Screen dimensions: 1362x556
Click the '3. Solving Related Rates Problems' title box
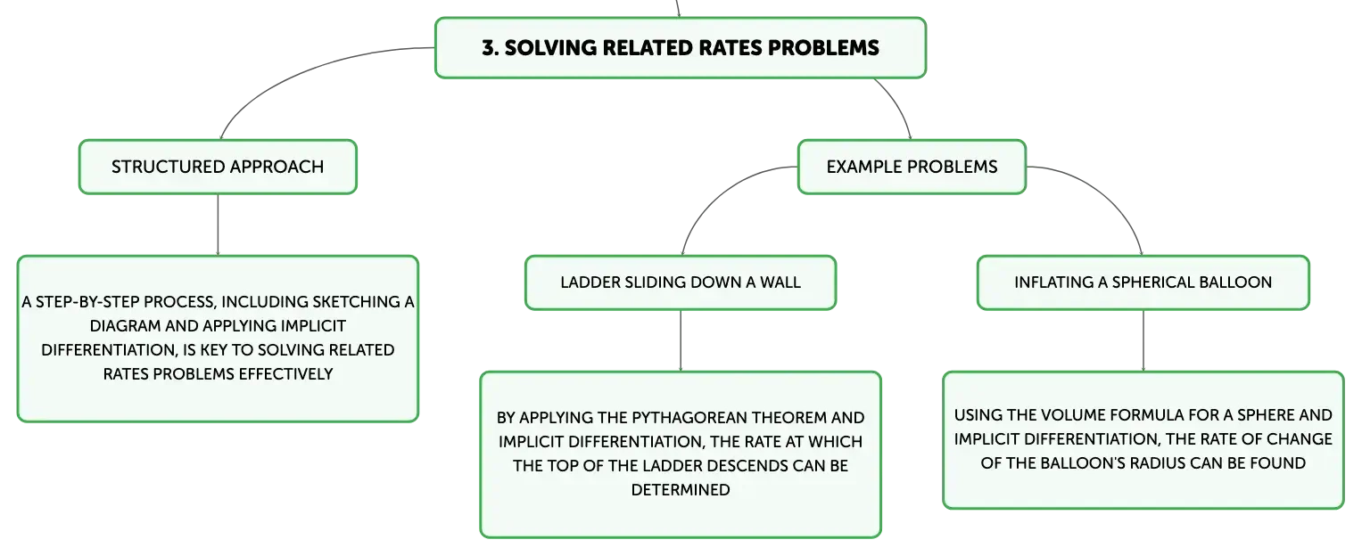click(681, 48)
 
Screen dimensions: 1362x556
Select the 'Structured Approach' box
click(218, 168)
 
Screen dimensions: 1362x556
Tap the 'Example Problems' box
click(912, 168)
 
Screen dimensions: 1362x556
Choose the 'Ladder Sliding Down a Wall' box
click(681, 282)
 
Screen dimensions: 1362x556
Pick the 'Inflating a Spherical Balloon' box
click(1143, 282)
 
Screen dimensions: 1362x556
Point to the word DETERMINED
click(681, 490)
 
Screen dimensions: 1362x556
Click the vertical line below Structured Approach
click(218, 225)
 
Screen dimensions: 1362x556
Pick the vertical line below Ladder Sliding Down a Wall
click(681, 340)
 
